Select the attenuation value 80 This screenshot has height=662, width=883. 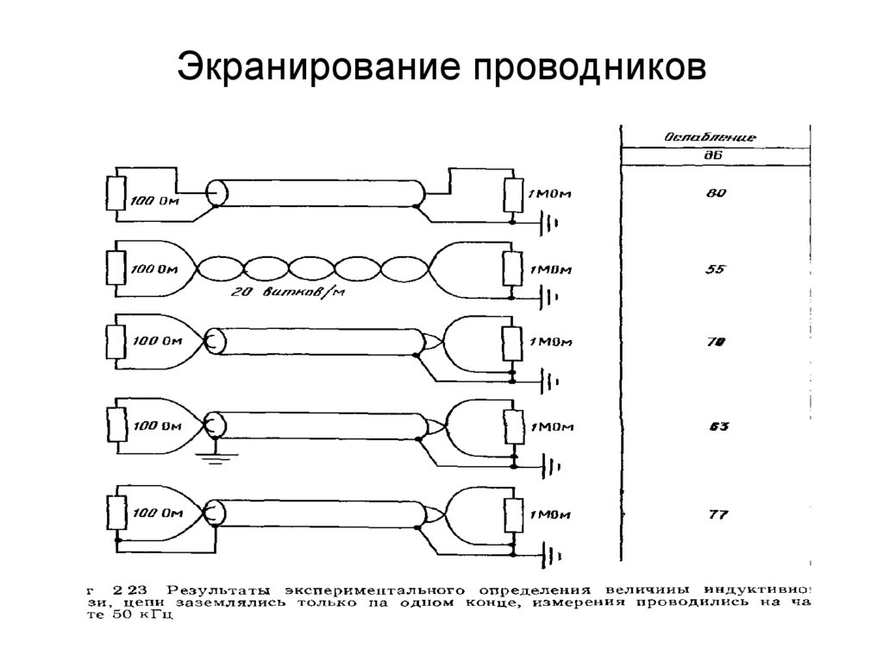pos(717,193)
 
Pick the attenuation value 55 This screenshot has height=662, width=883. pos(717,270)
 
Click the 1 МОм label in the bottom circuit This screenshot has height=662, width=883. pos(549,515)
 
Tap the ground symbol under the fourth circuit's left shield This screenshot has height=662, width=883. pos(216,457)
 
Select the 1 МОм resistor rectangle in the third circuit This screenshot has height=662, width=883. pos(514,344)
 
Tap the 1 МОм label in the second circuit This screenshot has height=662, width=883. pos(549,270)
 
